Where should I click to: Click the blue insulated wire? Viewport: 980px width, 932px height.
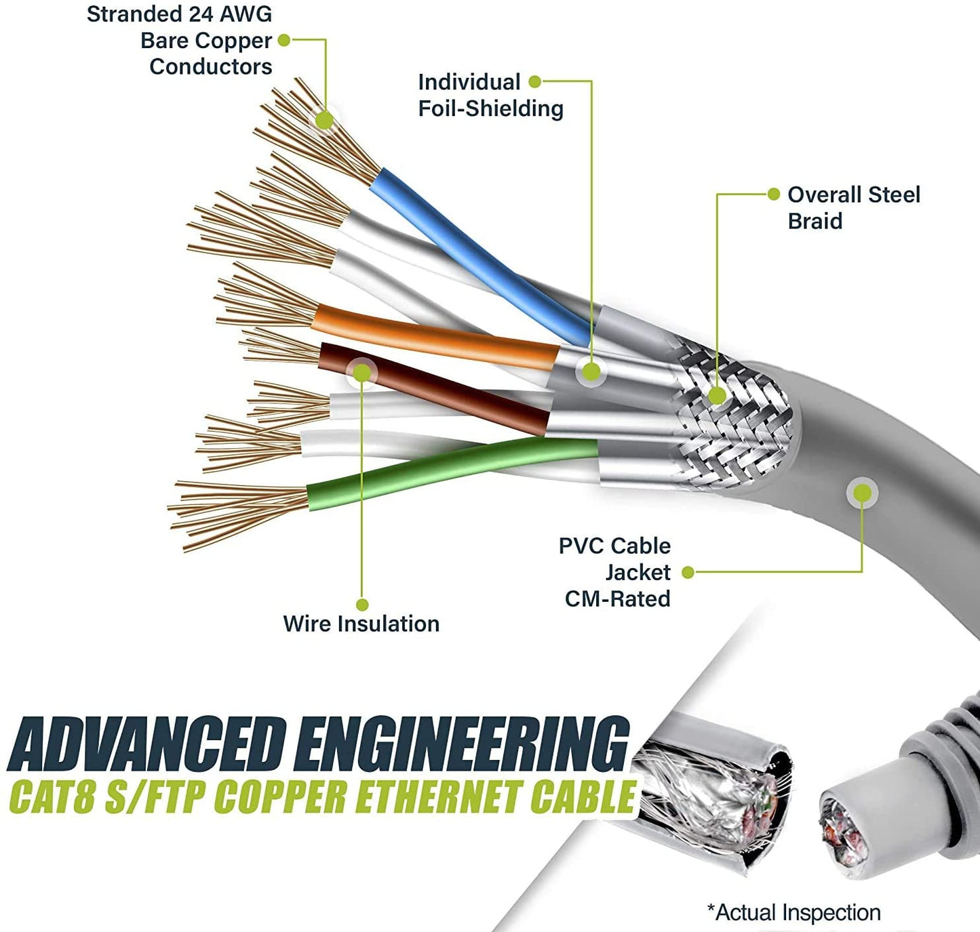(x=475, y=254)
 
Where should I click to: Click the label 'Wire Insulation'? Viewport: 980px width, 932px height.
(x=361, y=624)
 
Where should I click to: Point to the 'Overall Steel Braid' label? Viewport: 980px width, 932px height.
(x=853, y=207)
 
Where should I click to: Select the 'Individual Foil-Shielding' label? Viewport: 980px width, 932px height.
(x=490, y=95)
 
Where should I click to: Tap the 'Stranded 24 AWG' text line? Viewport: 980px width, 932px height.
(x=179, y=14)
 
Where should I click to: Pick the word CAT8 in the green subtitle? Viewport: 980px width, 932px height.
(x=51, y=797)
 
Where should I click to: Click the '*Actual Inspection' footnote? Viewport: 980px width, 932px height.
(x=793, y=912)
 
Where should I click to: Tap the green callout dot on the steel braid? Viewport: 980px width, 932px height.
(x=717, y=395)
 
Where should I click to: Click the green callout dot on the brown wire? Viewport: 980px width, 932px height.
(x=362, y=372)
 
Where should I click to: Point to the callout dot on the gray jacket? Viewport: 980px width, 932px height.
(x=862, y=493)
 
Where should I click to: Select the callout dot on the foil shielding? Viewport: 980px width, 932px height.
(x=591, y=371)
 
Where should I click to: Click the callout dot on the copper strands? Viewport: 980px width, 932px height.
(x=325, y=120)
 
